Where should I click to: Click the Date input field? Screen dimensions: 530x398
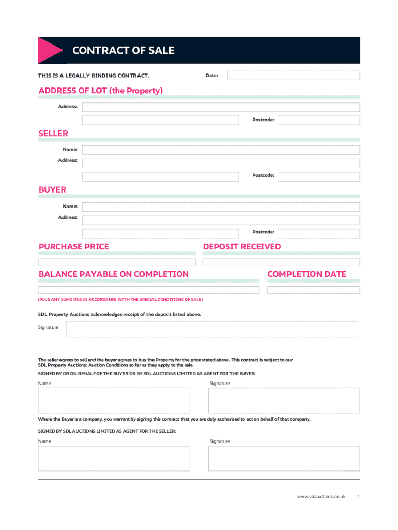[x=294, y=76]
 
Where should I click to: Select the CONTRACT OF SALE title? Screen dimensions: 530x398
[x=124, y=51]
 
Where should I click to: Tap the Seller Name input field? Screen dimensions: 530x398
[x=221, y=150]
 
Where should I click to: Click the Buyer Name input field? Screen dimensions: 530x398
[x=221, y=207]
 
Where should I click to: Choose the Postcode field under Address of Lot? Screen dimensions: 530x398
[x=318, y=120]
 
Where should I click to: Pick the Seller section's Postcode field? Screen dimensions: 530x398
[x=318, y=176]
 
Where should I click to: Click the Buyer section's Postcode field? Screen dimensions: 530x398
[x=318, y=232]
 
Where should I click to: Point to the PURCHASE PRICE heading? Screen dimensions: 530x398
[x=74, y=247]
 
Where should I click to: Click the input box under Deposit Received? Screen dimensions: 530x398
[x=281, y=262]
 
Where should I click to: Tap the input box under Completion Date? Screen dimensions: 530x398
[x=313, y=290]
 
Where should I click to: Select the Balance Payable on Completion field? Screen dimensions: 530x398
[x=149, y=290]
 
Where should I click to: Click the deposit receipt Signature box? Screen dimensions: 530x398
[x=212, y=329]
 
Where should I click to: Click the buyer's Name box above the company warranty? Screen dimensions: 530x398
[x=114, y=400]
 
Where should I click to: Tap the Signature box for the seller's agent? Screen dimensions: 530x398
[x=284, y=458]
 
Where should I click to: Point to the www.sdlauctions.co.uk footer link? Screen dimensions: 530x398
[x=321, y=497]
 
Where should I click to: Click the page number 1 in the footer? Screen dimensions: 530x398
[x=358, y=497]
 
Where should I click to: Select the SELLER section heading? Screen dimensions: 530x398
[x=53, y=134]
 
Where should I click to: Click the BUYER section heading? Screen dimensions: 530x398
[x=53, y=190]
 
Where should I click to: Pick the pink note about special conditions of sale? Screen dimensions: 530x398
[x=120, y=300]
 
